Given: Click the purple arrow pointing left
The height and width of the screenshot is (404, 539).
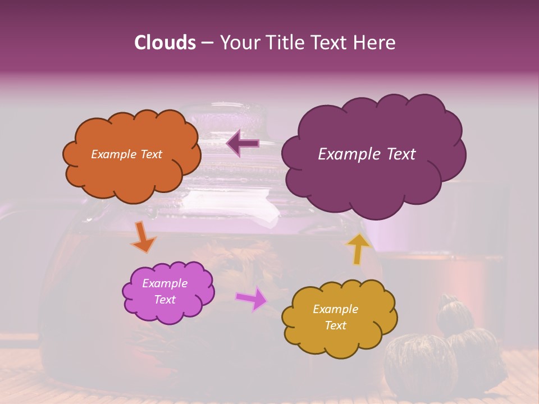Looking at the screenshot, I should pyautogui.click(x=243, y=144).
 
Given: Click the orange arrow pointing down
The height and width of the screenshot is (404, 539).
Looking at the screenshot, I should pyautogui.click(x=143, y=237).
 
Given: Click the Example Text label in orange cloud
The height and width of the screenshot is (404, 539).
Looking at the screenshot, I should pyautogui.click(x=126, y=154).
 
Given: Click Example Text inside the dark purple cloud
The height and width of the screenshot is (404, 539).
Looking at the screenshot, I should pyautogui.click(x=367, y=154).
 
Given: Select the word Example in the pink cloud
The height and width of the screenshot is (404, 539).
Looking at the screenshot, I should pyautogui.click(x=165, y=283).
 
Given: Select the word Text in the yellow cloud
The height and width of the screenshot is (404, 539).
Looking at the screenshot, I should pyautogui.click(x=335, y=325).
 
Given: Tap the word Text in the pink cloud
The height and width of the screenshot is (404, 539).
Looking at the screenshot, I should pyautogui.click(x=165, y=300).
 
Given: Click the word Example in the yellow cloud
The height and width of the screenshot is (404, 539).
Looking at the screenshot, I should pyautogui.click(x=335, y=309).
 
